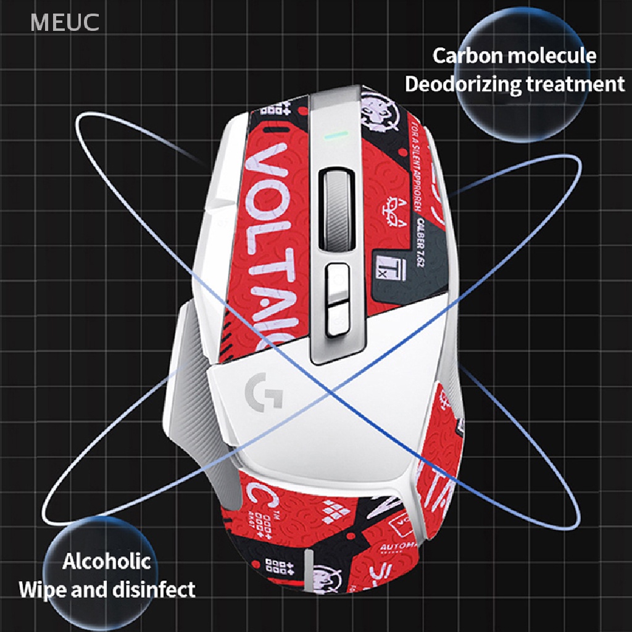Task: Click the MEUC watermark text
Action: pyautogui.click(x=65, y=22)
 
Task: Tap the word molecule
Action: pyautogui.click(x=552, y=56)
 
